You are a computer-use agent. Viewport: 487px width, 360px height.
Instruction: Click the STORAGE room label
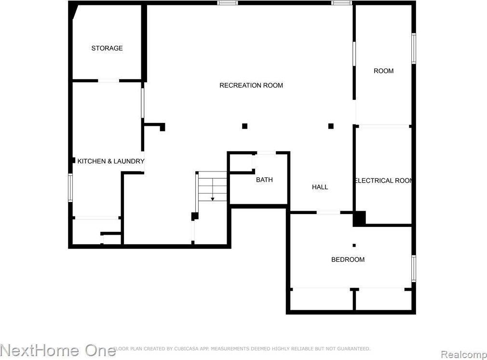[107, 48]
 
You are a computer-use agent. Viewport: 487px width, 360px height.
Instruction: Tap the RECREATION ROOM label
[251, 85]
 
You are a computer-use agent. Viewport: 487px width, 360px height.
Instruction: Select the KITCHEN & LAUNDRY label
[110, 161]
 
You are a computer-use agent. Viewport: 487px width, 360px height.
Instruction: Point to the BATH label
[264, 180]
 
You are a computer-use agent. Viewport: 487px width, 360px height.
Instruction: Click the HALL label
[320, 187]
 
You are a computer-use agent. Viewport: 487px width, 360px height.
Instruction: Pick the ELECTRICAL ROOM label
[383, 181]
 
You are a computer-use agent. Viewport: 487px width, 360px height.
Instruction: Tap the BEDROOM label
[348, 260]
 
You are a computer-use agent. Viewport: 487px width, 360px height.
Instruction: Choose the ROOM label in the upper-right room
[383, 71]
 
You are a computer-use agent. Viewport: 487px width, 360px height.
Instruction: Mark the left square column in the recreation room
[244, 126]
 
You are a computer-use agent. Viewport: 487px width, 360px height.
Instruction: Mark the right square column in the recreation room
[331, 126]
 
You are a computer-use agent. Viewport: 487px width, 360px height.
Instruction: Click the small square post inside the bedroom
[354, 245]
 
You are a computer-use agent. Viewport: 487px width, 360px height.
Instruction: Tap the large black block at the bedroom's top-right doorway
[359, 218]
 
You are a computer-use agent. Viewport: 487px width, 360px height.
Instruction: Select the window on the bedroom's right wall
[413, 268]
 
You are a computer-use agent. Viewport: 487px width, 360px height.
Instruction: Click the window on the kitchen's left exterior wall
[70, 187]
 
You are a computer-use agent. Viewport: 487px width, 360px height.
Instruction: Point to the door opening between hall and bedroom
[328, 212]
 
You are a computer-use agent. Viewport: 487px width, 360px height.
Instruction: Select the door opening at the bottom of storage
[109, 80]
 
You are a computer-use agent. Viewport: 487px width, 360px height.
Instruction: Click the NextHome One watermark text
[58, 350]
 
